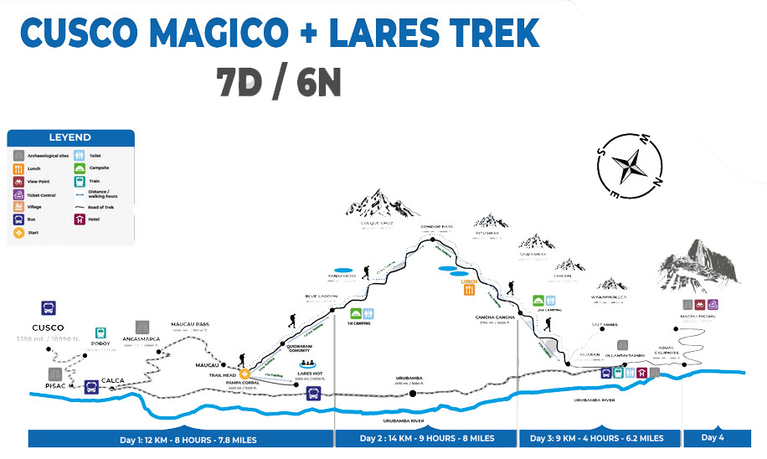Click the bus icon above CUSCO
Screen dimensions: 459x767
[x=49, y=307]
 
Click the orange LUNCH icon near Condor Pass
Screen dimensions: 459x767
[x=469, y=290]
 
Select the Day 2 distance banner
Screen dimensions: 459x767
[x=426, y=438]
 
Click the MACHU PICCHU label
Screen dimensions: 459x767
[x=697, y=316]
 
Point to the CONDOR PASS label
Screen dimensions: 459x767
[x=436, y=227]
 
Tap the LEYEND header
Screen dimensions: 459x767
[x=70, y=137]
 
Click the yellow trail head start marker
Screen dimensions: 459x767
[x=245, y=374]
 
